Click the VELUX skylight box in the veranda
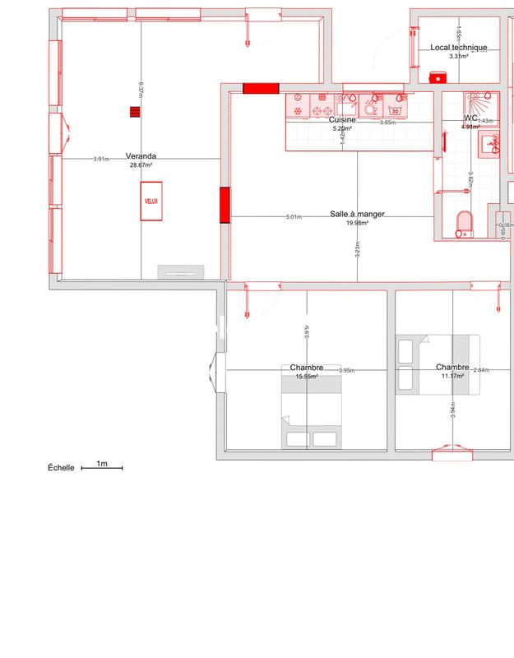tap(151, 201)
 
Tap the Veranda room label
tap(141, 156)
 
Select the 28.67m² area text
tap(141, 165)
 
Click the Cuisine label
tap(341, 120)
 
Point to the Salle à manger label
tap(357, 214)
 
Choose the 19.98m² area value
tap(357, 223)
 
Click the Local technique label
tap(459, 48)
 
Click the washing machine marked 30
tap(396, 108)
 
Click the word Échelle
tap(61, 468)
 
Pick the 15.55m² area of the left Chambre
tap(307, 377)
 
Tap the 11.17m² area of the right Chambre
tap(452, 376)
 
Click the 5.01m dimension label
tap(294, 217)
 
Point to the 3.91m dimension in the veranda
tap(101, 159)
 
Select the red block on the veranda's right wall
tap(225, 206)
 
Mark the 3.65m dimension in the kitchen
tap(387, 123)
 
